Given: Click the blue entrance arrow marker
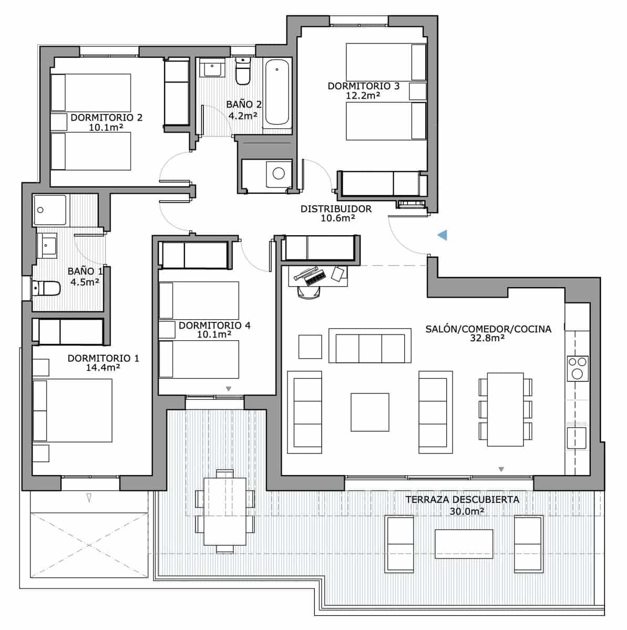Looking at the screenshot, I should coord(442,235).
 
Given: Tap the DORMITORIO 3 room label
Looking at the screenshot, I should coord(363,86).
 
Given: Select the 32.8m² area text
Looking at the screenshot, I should coord(488,339).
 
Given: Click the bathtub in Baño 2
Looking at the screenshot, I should coord(276,92).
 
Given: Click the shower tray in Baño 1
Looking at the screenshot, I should coord(50,210).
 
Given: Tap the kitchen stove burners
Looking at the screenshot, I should coord(577,368).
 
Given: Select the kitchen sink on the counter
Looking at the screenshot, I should coord(576,437).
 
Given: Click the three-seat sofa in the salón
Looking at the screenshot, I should coord(370,346).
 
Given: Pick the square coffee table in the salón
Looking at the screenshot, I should coord(370,412).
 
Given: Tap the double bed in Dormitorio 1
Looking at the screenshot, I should coord(73,411).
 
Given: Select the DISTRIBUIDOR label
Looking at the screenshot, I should coord(336,209).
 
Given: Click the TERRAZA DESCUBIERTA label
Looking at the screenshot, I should coord(462,499).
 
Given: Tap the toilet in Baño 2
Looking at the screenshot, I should coord(243,72).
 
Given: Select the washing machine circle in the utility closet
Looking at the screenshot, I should coord(279,173).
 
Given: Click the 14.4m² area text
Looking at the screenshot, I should coord(103,367).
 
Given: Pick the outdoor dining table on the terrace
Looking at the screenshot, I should coord(225,511).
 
